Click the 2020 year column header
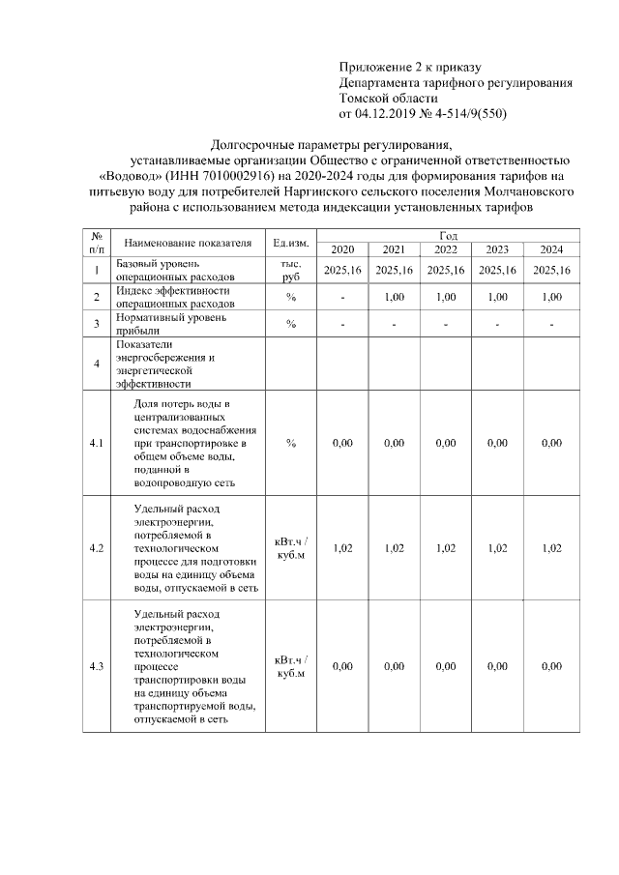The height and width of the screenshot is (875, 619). click(342, 248)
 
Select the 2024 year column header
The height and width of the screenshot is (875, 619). click(551, 248)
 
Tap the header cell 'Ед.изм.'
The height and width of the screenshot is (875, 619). click(290, 242)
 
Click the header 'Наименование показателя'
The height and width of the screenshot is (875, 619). click(189, 242)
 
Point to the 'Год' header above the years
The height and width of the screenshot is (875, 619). click(449, 235)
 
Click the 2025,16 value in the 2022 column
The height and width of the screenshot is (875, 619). click(446, 270)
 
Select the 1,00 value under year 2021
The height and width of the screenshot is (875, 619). click(394, 297)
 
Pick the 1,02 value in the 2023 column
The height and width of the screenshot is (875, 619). click(497, 548)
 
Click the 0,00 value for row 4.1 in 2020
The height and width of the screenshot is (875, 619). click(342, 443)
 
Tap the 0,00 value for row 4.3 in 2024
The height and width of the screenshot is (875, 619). click(551, 666)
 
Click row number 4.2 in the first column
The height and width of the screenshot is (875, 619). click(97, 548)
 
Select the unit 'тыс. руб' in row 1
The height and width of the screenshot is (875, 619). click(290, 270)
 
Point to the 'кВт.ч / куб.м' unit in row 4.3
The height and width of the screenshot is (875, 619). click(290, 666)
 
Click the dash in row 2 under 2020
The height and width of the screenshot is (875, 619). click(342, 297)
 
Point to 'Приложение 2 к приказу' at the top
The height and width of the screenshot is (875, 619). click(409, 67)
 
